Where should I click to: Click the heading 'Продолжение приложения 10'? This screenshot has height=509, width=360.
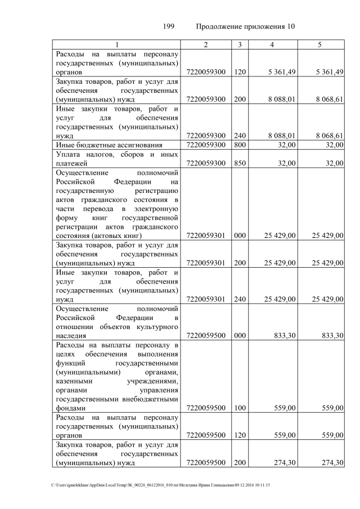tap(246, 26)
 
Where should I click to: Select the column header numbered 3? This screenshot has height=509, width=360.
tap(240, 44)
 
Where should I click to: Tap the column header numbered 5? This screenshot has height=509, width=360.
tap(319, 44)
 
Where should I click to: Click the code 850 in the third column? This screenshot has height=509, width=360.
tap(240, 163)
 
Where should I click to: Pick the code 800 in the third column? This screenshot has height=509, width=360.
tap(240, 145)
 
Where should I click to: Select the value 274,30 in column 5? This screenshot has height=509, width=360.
tap(331, 462)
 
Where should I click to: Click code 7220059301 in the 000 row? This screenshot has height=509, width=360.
tap(205, 235)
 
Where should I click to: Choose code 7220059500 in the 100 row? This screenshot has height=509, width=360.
tap(205, 408)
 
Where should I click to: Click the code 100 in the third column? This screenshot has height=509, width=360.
tap(240, 408)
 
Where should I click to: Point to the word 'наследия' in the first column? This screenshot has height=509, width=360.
tap(71, 336)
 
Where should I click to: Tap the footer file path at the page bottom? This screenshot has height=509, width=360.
tap(160, 485)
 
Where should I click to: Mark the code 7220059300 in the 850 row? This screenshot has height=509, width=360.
tap(205, 163)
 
